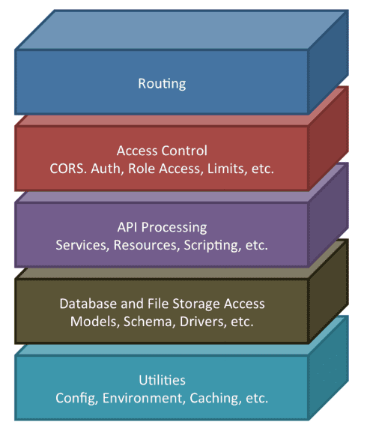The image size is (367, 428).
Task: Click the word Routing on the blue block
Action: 162,84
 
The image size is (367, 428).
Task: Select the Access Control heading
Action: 162,151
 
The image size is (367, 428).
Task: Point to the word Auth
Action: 106,169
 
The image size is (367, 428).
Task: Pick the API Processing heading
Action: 162,228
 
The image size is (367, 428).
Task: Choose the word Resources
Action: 146,245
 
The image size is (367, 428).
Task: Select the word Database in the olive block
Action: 88,304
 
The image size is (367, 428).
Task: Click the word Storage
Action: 195,304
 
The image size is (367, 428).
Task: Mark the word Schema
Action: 148,322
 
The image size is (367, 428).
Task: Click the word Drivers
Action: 203,322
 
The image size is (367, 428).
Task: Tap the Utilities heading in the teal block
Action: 162,380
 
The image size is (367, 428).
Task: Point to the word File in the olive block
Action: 158,304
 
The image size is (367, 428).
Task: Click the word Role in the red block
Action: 142,169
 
